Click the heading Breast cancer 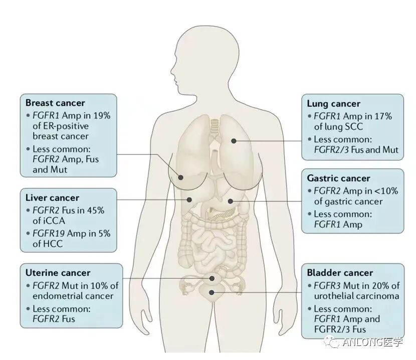tap(55, 103)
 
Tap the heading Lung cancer tap(333, 104)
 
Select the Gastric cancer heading tap(338, 178)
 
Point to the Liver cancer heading tap(52, 198)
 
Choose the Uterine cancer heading tap(58, 273)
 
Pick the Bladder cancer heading tap(340, 273)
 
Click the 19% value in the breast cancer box tap(101, 115)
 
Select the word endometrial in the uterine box tap(57, 296)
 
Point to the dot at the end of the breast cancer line tap(181, 176)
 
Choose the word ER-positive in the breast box tap(61, 125)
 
